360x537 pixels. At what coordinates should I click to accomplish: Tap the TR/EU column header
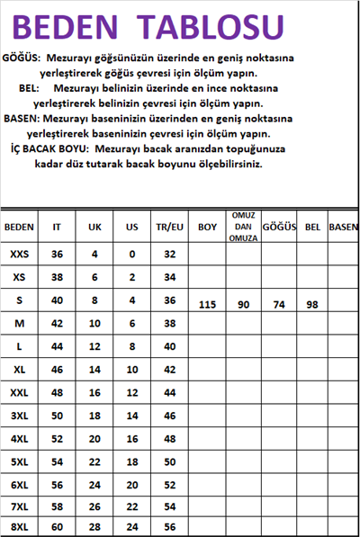coord(169,228)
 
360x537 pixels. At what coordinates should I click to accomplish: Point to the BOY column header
coord(207,228)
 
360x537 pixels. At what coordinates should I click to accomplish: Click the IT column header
coord(57,228)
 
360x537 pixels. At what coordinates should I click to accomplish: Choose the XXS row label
coord(19,255)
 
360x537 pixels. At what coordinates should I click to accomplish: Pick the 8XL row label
coord(19,528)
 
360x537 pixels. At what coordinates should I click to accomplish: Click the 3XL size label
coord(19,415)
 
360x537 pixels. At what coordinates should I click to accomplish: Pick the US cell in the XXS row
coord(131,255)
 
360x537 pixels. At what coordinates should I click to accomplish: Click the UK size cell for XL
coord(94,369)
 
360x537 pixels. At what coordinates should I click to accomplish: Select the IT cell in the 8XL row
coord(57,528)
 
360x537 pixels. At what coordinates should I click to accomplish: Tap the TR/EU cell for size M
coord(169,323)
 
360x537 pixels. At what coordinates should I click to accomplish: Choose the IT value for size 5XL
coord(57,461)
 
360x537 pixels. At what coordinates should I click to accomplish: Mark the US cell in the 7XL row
coord(131,506)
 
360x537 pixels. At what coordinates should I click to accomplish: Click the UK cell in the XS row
coord(94,277)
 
